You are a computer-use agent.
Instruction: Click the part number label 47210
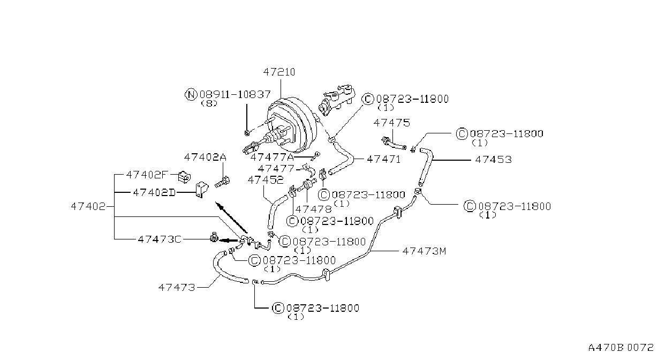click(279, 72)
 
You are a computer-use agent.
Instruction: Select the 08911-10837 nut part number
click(235, 94)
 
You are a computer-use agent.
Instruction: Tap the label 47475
click(391, 123)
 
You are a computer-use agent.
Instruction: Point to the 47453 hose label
click(494, 160)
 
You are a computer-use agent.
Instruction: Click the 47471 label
click(384, 159)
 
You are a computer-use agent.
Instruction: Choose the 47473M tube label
click(424, 251)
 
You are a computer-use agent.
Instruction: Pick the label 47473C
click(160, 239)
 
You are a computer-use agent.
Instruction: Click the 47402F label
click(147, 175)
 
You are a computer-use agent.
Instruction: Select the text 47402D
click(155, 192)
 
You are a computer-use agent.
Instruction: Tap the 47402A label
click(206, 157)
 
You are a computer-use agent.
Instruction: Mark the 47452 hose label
click(266, 179)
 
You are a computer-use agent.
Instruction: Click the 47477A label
click(272, 157)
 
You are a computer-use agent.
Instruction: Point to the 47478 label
click(313, 209)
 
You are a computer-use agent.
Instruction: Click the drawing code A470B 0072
click(621, 348)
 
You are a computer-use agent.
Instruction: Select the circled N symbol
click(191, 95)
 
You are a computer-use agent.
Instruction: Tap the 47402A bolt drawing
click(222, 182)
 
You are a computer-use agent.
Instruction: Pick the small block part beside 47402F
click(184, 177)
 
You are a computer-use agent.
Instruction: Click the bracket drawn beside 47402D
click(202, 190)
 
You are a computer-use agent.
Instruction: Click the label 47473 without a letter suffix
click(177, 287)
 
